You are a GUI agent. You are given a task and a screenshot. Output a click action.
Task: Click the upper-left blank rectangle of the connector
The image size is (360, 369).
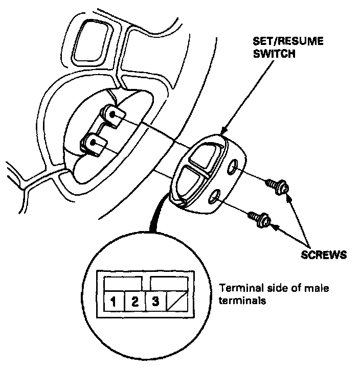click(x=123, y=282)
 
